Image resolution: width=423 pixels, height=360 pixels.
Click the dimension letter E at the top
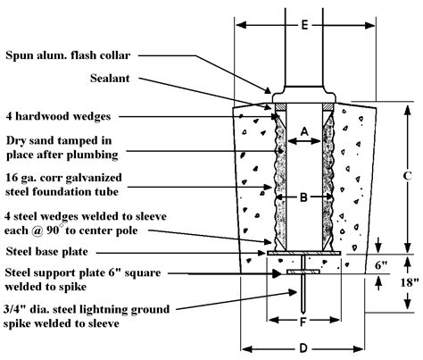coord(303,24)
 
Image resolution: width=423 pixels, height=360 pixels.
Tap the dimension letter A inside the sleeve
coord(303,131)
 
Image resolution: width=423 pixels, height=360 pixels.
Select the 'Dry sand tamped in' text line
coord(61,139)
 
